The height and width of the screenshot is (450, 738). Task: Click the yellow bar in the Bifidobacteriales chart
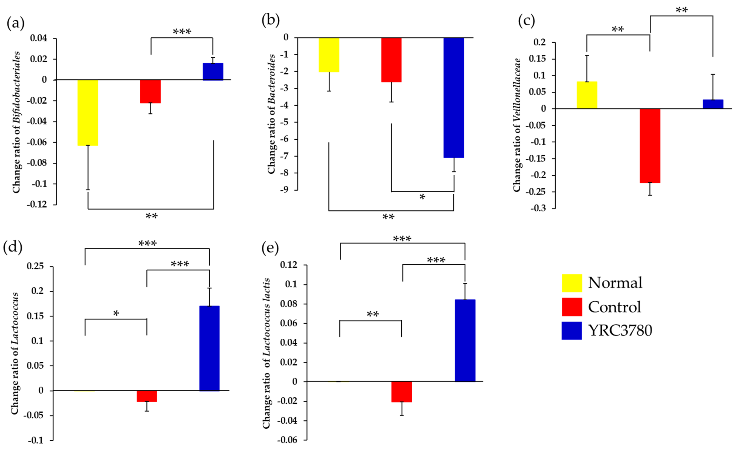point(88,112)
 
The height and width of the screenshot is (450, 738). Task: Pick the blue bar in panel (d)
point(209,348)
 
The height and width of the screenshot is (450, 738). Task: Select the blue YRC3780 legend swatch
point(571,331)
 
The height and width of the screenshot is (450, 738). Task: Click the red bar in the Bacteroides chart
point(391,60)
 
